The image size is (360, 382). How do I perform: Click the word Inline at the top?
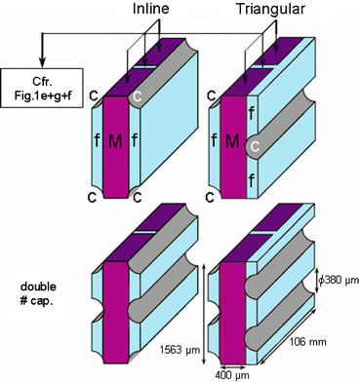(x=151, y=9)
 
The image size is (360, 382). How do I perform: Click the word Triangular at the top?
(x=270, y=9)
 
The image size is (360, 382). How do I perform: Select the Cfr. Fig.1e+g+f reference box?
(x=42, y=88)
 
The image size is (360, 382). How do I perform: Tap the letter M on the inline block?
(x=115, y=141)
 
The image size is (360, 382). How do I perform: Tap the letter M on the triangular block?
(x=232, y=141)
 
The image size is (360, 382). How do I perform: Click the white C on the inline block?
(x=138, y=96)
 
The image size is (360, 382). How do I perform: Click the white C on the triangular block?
(x=256, y=147)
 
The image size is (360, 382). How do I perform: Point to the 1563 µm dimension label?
(x=180, y=350)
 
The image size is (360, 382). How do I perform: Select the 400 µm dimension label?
(x=233, y=375)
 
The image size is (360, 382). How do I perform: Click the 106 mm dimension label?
(x=307, y=342)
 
